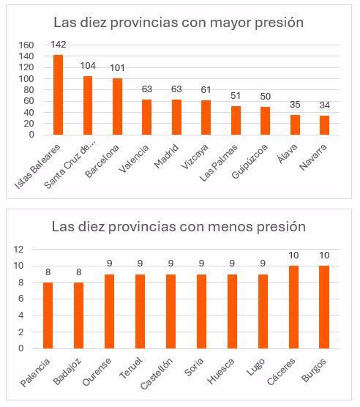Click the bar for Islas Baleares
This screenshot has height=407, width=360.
[x=58, y=94]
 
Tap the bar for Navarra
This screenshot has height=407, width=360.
[x=324, y=125]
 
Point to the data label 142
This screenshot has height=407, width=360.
[x=59, y=45]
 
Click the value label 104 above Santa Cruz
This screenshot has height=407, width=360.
[x=88, y=67]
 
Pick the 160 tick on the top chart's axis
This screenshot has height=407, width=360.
[x=26, y=45]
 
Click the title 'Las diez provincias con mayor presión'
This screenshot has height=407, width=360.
[x=178, y=23]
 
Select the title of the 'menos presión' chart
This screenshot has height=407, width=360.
[x=178, y=226]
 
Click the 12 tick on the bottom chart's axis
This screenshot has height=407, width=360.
[x=20, y=249]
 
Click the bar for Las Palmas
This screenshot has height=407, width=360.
[x=236, y=121]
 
